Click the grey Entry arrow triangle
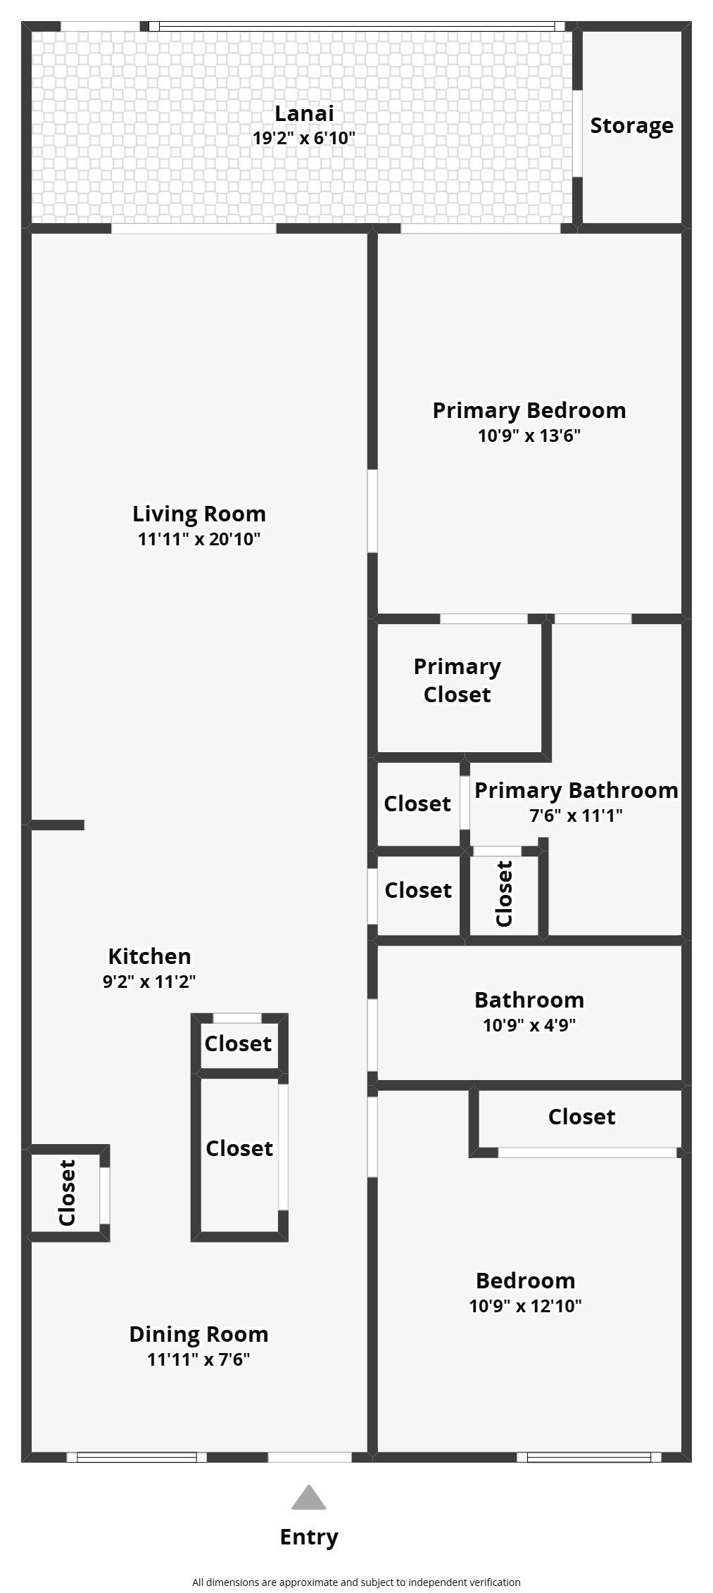coord(309,1497)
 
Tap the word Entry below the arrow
coord(309,1537)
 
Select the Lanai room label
coord(304,113)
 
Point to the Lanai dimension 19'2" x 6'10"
coord(304,138)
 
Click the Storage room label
coord(631,126)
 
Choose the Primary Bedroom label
coord(529,410)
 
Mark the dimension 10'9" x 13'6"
coord(529,436)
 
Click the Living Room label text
coord(199,514)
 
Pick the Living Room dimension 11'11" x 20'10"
coord(199,540)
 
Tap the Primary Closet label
coord(458,680)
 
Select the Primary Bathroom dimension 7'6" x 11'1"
coord(576,816)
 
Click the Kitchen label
coord(149,956)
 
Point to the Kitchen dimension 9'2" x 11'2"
coord(149,982)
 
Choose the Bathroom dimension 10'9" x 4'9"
coord(529,1025)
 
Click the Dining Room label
coord(198,1334)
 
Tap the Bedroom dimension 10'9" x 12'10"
coord(526,1306)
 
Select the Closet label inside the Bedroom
coord(582,1117)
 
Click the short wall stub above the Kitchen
coord(57,825)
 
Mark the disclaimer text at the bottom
coord(357,1582)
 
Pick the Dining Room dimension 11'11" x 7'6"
coord(198,1359)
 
